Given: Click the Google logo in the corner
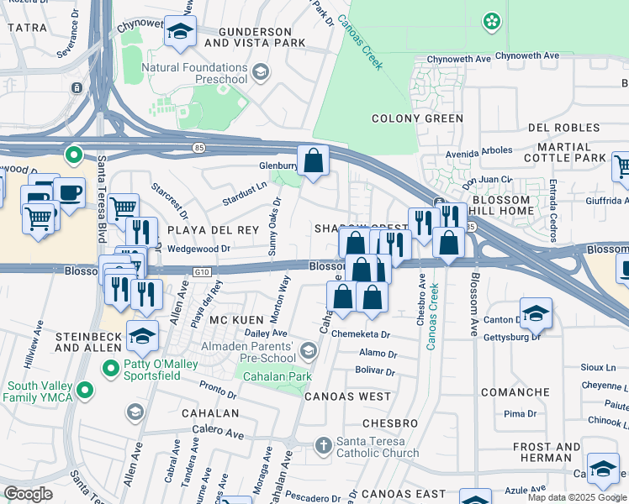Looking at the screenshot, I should (28, 494).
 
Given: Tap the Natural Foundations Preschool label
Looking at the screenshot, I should (195, 73).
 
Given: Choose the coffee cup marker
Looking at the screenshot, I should (68, 192).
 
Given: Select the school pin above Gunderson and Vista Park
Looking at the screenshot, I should (180, 32).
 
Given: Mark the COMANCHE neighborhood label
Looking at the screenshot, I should (514, 392).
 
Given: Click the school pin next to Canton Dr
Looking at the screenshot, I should (536, 314).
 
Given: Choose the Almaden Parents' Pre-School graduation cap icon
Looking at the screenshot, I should (309, 349).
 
